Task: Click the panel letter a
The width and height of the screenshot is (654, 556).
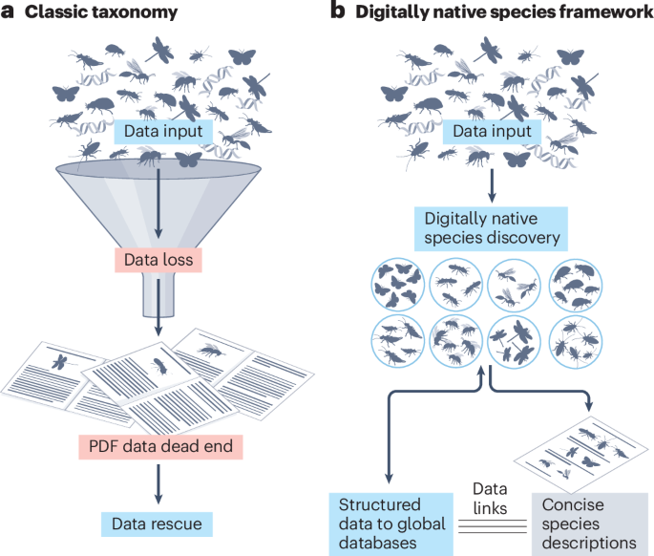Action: (x=10, y=12)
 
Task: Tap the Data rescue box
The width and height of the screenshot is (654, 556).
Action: (x=154, y=523)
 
